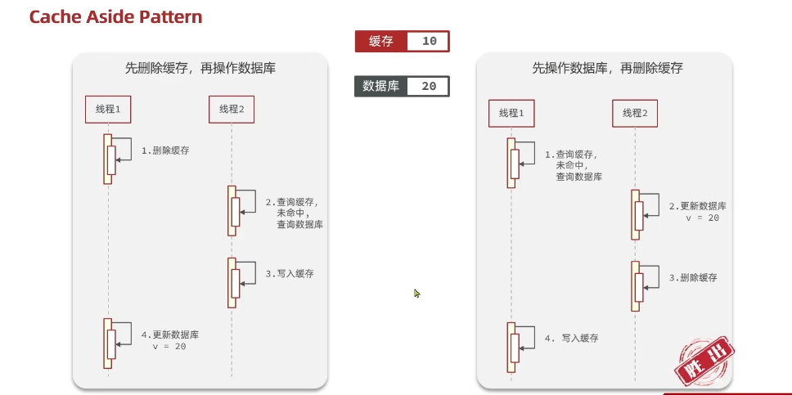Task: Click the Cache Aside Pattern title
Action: [x=115, y=16]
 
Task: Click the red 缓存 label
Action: [x=380, y=42]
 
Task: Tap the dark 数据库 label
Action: [x=380, y=86]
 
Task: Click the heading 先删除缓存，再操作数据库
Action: [x=200, y=69]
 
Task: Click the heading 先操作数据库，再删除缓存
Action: [x=604, y=69]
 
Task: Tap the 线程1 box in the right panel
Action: [x=511, y=113]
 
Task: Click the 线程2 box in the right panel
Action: [x=635, y=113]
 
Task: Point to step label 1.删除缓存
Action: [x=165, y=150]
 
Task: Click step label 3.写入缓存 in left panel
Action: [x=290, y=274]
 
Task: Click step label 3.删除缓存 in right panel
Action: [x=693, y=277]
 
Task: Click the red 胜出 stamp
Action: [x=703, y=361]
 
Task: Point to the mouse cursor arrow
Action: [x=417, y=293]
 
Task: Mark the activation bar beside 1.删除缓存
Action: [x=109, y=159]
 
